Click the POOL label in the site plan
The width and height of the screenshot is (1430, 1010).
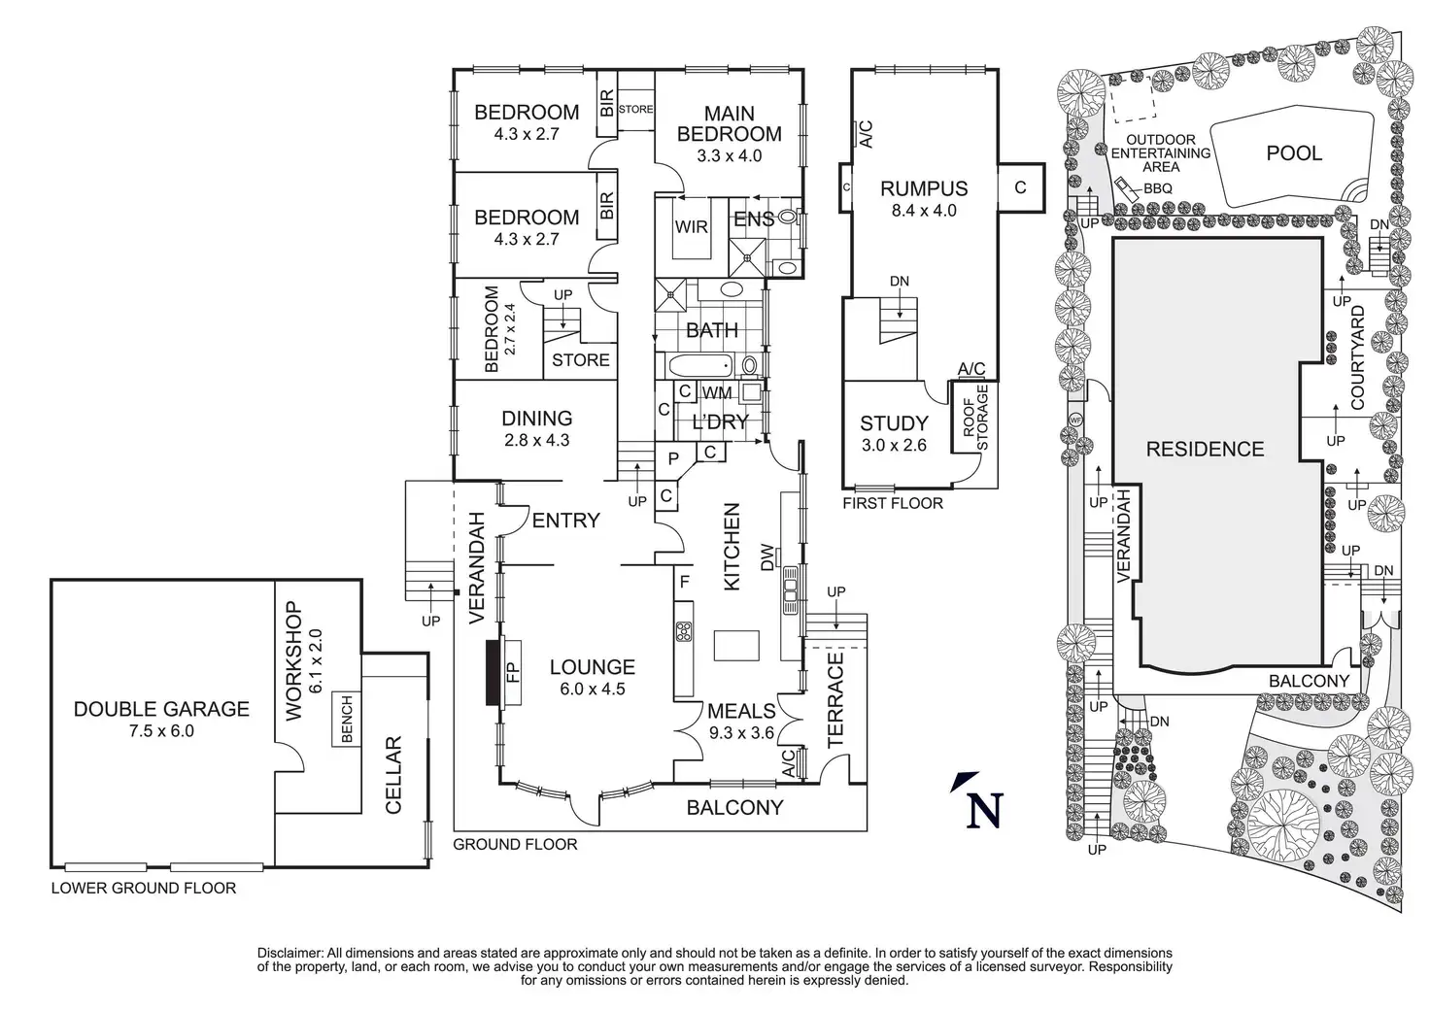(1294, 153)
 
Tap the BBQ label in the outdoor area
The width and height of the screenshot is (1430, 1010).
(1158, 189)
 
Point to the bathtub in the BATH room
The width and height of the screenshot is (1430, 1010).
(701, 366)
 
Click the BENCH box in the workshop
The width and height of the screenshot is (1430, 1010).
(347, 719)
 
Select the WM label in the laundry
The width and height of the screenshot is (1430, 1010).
(717, 393)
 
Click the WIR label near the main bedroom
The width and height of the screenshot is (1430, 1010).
(691, 227)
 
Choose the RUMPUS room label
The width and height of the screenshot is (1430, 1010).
(924, 188)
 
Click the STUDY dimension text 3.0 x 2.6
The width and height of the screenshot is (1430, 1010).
(894, 446)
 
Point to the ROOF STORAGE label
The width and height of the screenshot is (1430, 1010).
(974, 419)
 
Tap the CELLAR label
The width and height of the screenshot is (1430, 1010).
(394, 775)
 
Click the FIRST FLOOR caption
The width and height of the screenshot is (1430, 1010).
(892, 503)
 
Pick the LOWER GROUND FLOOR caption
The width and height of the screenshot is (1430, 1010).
(143, 888)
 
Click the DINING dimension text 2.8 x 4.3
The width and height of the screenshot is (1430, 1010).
(536, 440)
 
